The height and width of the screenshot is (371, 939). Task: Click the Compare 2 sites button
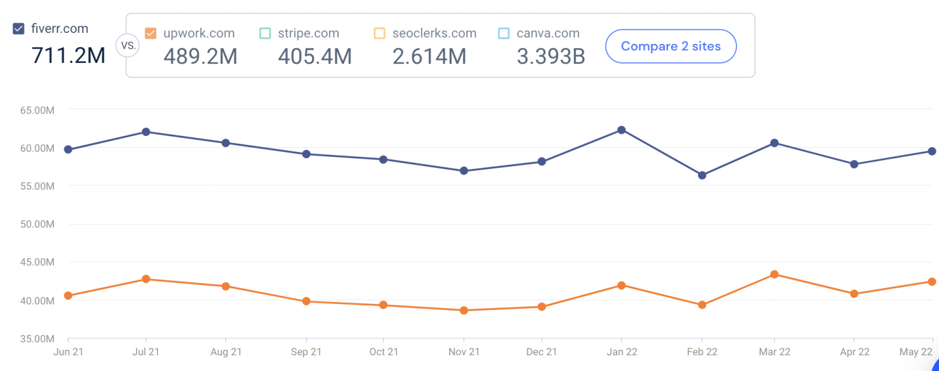coord(670,46)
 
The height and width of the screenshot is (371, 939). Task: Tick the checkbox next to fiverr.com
coord(19,29)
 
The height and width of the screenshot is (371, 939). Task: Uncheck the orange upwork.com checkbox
coord(150,33)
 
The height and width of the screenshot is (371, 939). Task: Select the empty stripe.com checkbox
coord(265,33)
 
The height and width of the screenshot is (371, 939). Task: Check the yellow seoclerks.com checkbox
coord(380,33)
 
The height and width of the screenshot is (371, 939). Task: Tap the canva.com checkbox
coord(504,33)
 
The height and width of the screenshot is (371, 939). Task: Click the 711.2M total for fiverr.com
coord(68,56)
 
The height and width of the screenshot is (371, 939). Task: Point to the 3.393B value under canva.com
coord(550,56)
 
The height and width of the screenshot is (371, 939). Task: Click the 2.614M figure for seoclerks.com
coord(429,56)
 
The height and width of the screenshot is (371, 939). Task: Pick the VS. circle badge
coord(126,46)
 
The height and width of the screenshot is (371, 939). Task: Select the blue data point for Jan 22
coord(621,130)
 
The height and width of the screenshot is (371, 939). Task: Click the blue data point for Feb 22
coord(702,175)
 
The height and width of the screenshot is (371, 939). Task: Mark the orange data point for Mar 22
coord(774,274)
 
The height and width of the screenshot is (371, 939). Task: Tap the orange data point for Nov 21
coord(464,310)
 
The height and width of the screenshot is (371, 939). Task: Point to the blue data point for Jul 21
coord(146,132)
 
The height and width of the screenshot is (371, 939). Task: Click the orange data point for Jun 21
coord(68,295)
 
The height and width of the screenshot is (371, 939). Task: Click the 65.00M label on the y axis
coord(37,110)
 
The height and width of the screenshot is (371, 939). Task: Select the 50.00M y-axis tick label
coord(37,225)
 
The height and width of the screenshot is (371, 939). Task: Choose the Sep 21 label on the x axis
coord(306,352)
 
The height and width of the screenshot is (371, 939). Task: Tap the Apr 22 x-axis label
coord(854,352)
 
